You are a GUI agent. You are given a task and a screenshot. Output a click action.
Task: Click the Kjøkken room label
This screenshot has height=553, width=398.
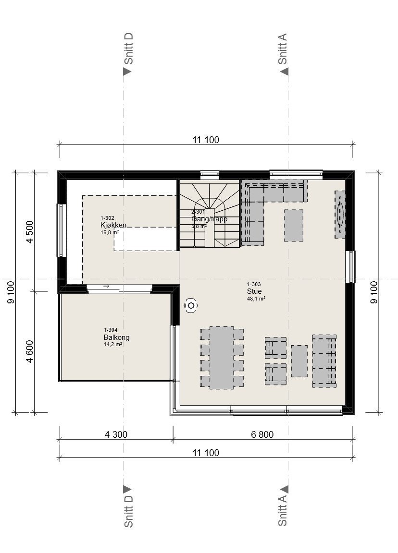pyautogui.click(x=113, y=225)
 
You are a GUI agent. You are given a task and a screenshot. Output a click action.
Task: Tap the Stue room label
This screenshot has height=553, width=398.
pyautogui.click(x=254, y=291)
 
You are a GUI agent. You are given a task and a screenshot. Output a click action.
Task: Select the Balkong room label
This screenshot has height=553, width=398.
pyautogui.click(x=116, y=337)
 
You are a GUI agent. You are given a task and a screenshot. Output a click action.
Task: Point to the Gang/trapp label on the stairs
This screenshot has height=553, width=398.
pyautogui.click(x=209, y=219)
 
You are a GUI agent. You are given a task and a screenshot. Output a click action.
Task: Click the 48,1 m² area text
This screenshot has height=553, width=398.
pyautogui.click(x=256, y=298)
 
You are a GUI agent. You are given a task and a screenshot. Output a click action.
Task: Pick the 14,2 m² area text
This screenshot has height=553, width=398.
pyautogui.click(x=112, y=344)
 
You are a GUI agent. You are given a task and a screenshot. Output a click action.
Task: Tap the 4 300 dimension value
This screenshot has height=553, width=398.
pyautogui.click(x=116, y=434)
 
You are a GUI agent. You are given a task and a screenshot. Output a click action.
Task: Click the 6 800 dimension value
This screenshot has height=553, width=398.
pyautogui.click(x=262, y=434)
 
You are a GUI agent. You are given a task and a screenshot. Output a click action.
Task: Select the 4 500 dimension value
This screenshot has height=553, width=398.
pyautogui.click(x=30, y=232)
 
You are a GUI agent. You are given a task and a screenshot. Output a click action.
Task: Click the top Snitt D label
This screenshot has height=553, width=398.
pyautogui.click(x=128, y=48)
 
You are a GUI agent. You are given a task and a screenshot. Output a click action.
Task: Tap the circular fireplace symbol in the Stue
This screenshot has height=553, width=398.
pyautogui.click(x=191, y=305)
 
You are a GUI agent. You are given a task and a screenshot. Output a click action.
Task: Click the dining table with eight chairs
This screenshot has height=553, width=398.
pyautogui.click(x=222, y=357)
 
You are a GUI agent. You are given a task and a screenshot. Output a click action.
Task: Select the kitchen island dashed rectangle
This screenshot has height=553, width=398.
pyautogui.click(x=145, y=239)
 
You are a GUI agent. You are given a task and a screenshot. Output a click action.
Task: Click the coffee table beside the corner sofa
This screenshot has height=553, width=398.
pyautogui.click(x=293, y=225)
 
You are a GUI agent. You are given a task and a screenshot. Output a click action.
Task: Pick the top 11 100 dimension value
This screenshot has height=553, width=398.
pyautogui.click(x=206, y=140)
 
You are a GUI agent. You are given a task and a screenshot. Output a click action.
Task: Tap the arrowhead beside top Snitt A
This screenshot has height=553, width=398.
pyautogui.click(x=285, y=72)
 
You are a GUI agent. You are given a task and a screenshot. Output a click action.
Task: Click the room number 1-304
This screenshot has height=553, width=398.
pyautogui.click(x=111, y=330)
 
